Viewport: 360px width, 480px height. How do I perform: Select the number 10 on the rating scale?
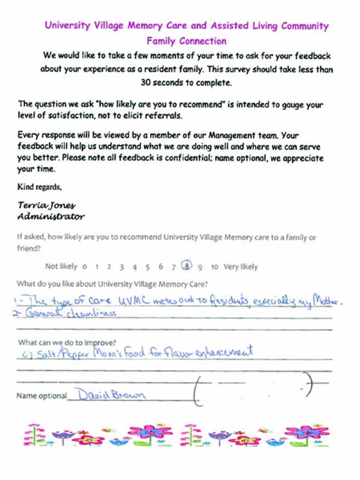tap(214, 268)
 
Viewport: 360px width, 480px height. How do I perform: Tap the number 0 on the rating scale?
tap(85, 268)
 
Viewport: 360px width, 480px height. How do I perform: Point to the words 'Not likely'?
tap(61, 268)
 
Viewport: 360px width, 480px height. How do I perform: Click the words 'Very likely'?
tap(241, 268)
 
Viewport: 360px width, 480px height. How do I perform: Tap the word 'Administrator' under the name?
tap(51, 216)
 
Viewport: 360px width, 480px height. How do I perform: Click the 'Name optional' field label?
tap(42, 396)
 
